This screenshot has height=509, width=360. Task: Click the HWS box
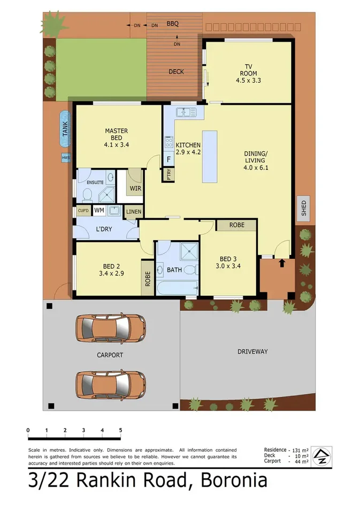[x=66, y=158]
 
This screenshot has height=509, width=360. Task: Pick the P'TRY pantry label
[x=168, y=175]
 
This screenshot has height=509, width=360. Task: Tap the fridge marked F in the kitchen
[x=168, y=159]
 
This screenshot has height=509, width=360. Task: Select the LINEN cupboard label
[x=133, y=212]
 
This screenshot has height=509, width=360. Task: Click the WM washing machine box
[x=99, y=211]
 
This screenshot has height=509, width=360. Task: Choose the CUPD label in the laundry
[x=83, y=211]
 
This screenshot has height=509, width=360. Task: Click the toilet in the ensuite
[x=85, y=197]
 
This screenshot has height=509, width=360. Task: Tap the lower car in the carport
[x=110, y=383]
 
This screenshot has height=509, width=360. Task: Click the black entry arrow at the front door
[x=282, y=263]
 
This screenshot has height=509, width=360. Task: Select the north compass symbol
[x=321, y=456]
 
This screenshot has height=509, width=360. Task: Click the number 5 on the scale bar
[x=120, y=430]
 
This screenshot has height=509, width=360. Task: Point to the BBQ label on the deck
[x=172, y=24]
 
